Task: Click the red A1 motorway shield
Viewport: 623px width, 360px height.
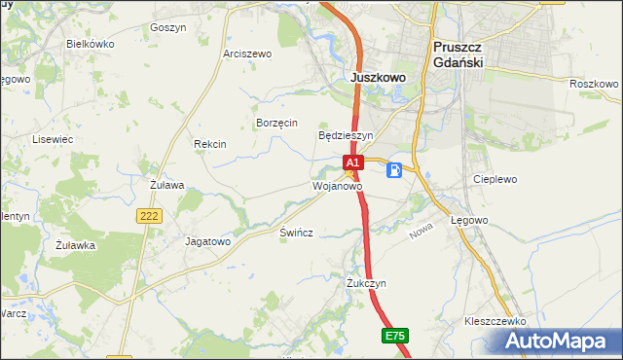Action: pos(352,162)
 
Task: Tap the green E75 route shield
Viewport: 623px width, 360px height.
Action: pos(394,336)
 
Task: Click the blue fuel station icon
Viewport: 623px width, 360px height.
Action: pos(394,170)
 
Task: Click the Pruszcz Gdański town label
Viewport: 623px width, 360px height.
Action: pos(458,54)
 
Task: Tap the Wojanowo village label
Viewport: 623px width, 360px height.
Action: pos(337,185)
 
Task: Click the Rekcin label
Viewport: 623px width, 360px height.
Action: pos(210,144)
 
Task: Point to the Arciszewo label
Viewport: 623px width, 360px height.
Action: pos(247,54)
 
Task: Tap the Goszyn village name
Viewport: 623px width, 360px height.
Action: pos(168,28)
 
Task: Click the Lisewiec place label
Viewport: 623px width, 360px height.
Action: pos(54,140)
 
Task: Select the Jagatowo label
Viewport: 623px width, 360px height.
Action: pos(207,240)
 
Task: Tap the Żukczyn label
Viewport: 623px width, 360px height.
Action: pos(367,283)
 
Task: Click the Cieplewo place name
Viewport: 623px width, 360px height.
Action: pos(495,180)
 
